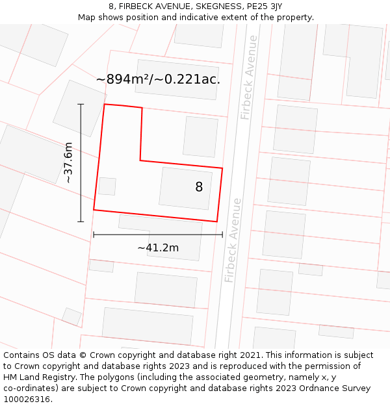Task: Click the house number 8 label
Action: (199, 187)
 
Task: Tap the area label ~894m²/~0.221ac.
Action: (158, 79)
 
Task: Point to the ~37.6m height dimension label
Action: (68, 162)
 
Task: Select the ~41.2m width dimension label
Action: (158, 247)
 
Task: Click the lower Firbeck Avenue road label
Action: (233, 240)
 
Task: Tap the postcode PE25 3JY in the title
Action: (265, 6)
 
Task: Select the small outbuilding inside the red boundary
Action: (107, 186)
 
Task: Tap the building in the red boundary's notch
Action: (200, 137)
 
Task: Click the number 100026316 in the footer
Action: (27, 400)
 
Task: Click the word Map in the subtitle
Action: (88, 18)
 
